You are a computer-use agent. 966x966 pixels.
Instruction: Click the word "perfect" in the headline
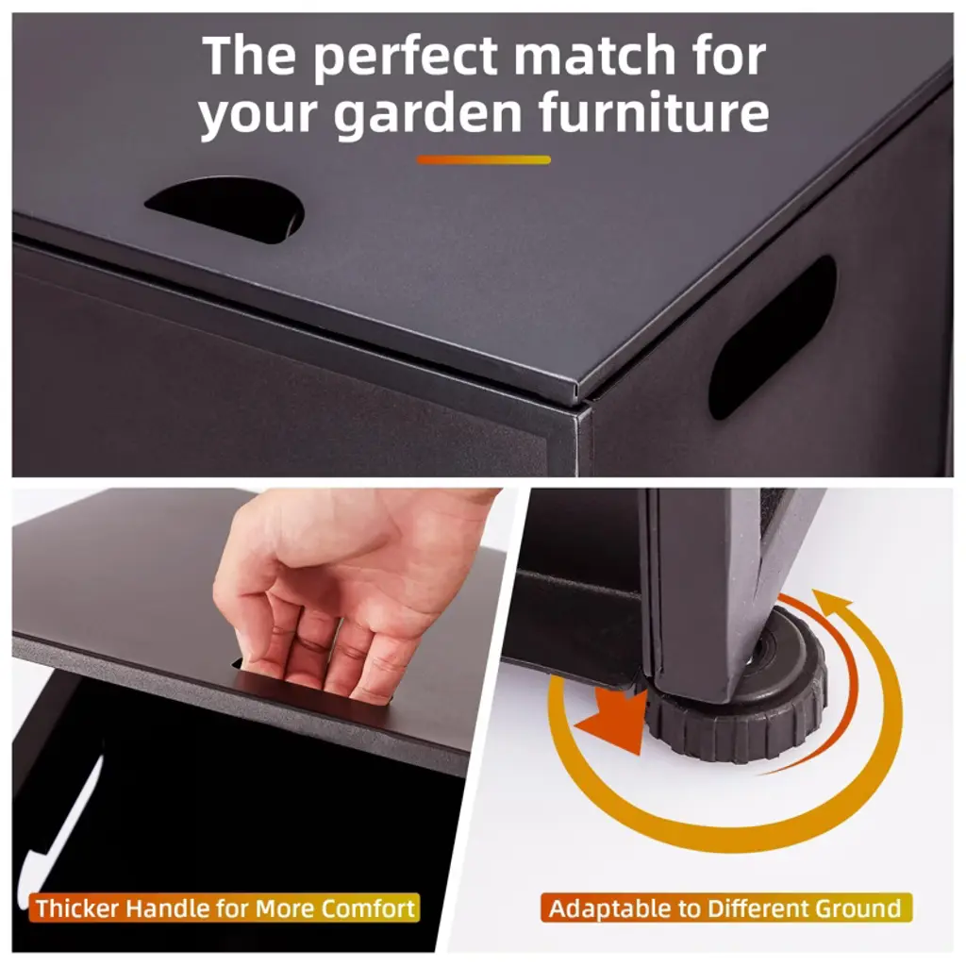point(405,58)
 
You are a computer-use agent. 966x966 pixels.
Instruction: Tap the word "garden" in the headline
point(427,114)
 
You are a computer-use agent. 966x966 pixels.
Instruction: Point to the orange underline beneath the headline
point(484,159)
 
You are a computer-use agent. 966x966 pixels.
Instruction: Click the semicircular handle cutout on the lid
point(225,208)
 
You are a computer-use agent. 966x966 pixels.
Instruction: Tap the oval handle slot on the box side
point(774,337)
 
